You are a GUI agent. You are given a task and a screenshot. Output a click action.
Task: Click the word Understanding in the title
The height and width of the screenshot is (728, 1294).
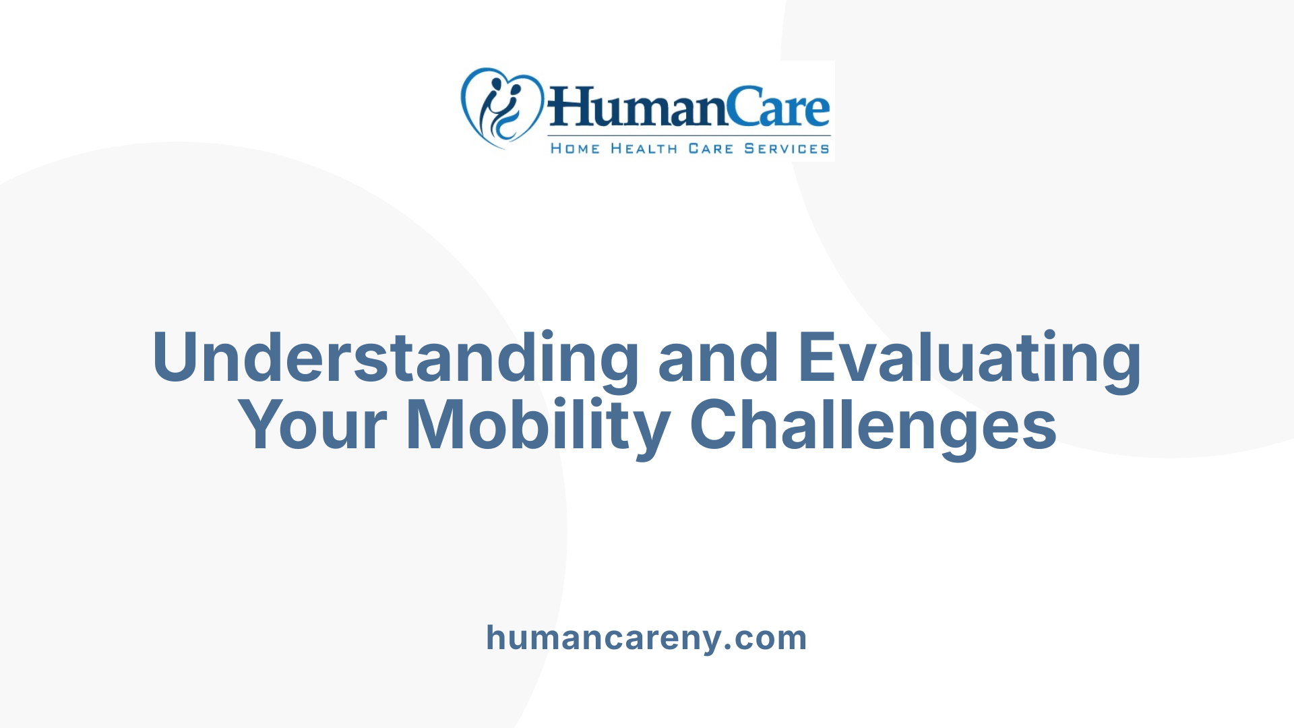tap(395, 358)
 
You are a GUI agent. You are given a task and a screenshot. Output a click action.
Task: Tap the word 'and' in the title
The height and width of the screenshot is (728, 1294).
tap(718, 358)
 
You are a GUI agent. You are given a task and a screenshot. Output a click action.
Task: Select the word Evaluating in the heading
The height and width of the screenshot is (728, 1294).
tap(969, 358)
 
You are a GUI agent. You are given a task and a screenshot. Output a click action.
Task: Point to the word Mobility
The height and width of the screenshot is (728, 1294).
tap(537, 425)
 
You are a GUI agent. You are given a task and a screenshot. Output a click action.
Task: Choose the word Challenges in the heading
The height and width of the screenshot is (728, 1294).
tap(873, 425)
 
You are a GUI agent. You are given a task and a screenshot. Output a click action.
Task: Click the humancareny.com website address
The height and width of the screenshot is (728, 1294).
tap(646, 638)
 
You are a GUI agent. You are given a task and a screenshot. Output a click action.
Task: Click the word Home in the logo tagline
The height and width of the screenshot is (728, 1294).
tap(575, 148)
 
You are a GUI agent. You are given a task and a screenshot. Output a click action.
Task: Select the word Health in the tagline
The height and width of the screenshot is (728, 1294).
tap(644, 148)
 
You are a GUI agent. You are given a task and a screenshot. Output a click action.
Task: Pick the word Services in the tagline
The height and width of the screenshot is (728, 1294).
tap(787, 148)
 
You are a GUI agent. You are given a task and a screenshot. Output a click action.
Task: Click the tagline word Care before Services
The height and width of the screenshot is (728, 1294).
tap(710, 148)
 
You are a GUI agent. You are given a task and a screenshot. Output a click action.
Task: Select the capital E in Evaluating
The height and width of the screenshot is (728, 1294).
tap(818, 357)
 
